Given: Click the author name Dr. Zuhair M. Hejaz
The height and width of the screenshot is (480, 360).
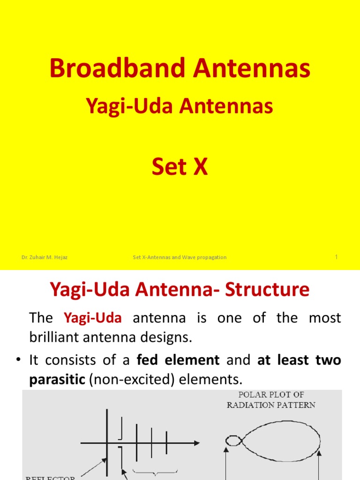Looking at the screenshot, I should pos(45,257).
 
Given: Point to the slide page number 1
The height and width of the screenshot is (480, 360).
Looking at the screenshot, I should pos(337,257).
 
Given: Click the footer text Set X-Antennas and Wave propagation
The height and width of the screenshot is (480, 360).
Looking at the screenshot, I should pos(180,257).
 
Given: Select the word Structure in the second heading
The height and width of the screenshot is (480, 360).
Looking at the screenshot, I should pos(268,290).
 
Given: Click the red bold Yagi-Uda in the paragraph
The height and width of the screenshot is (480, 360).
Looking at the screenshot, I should pos(92,318).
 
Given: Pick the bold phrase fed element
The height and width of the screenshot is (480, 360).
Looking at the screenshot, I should pos(178,360).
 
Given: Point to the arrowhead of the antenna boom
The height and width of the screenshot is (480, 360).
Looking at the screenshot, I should pos(197,442).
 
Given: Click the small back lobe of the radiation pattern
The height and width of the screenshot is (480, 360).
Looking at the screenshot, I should pos(233,441).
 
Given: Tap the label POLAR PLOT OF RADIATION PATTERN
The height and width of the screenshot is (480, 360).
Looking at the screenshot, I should pos(271,400).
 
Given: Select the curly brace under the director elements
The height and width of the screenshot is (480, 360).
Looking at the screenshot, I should pos(156,471).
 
